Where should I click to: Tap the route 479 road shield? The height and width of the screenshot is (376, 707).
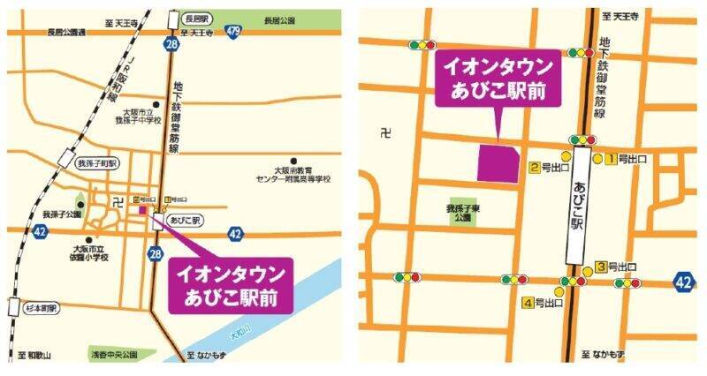coord(233,33)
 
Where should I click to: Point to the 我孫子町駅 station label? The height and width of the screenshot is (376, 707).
coord(96,162)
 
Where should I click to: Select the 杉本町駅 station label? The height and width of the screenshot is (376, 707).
coord(40,310)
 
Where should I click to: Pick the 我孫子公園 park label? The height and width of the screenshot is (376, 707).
coord(61,214)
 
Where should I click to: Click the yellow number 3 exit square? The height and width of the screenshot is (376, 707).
coord(600,267)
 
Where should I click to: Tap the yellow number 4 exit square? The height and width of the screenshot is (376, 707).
coord(529,304)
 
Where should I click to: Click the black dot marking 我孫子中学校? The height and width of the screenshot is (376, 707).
coord(156,105)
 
